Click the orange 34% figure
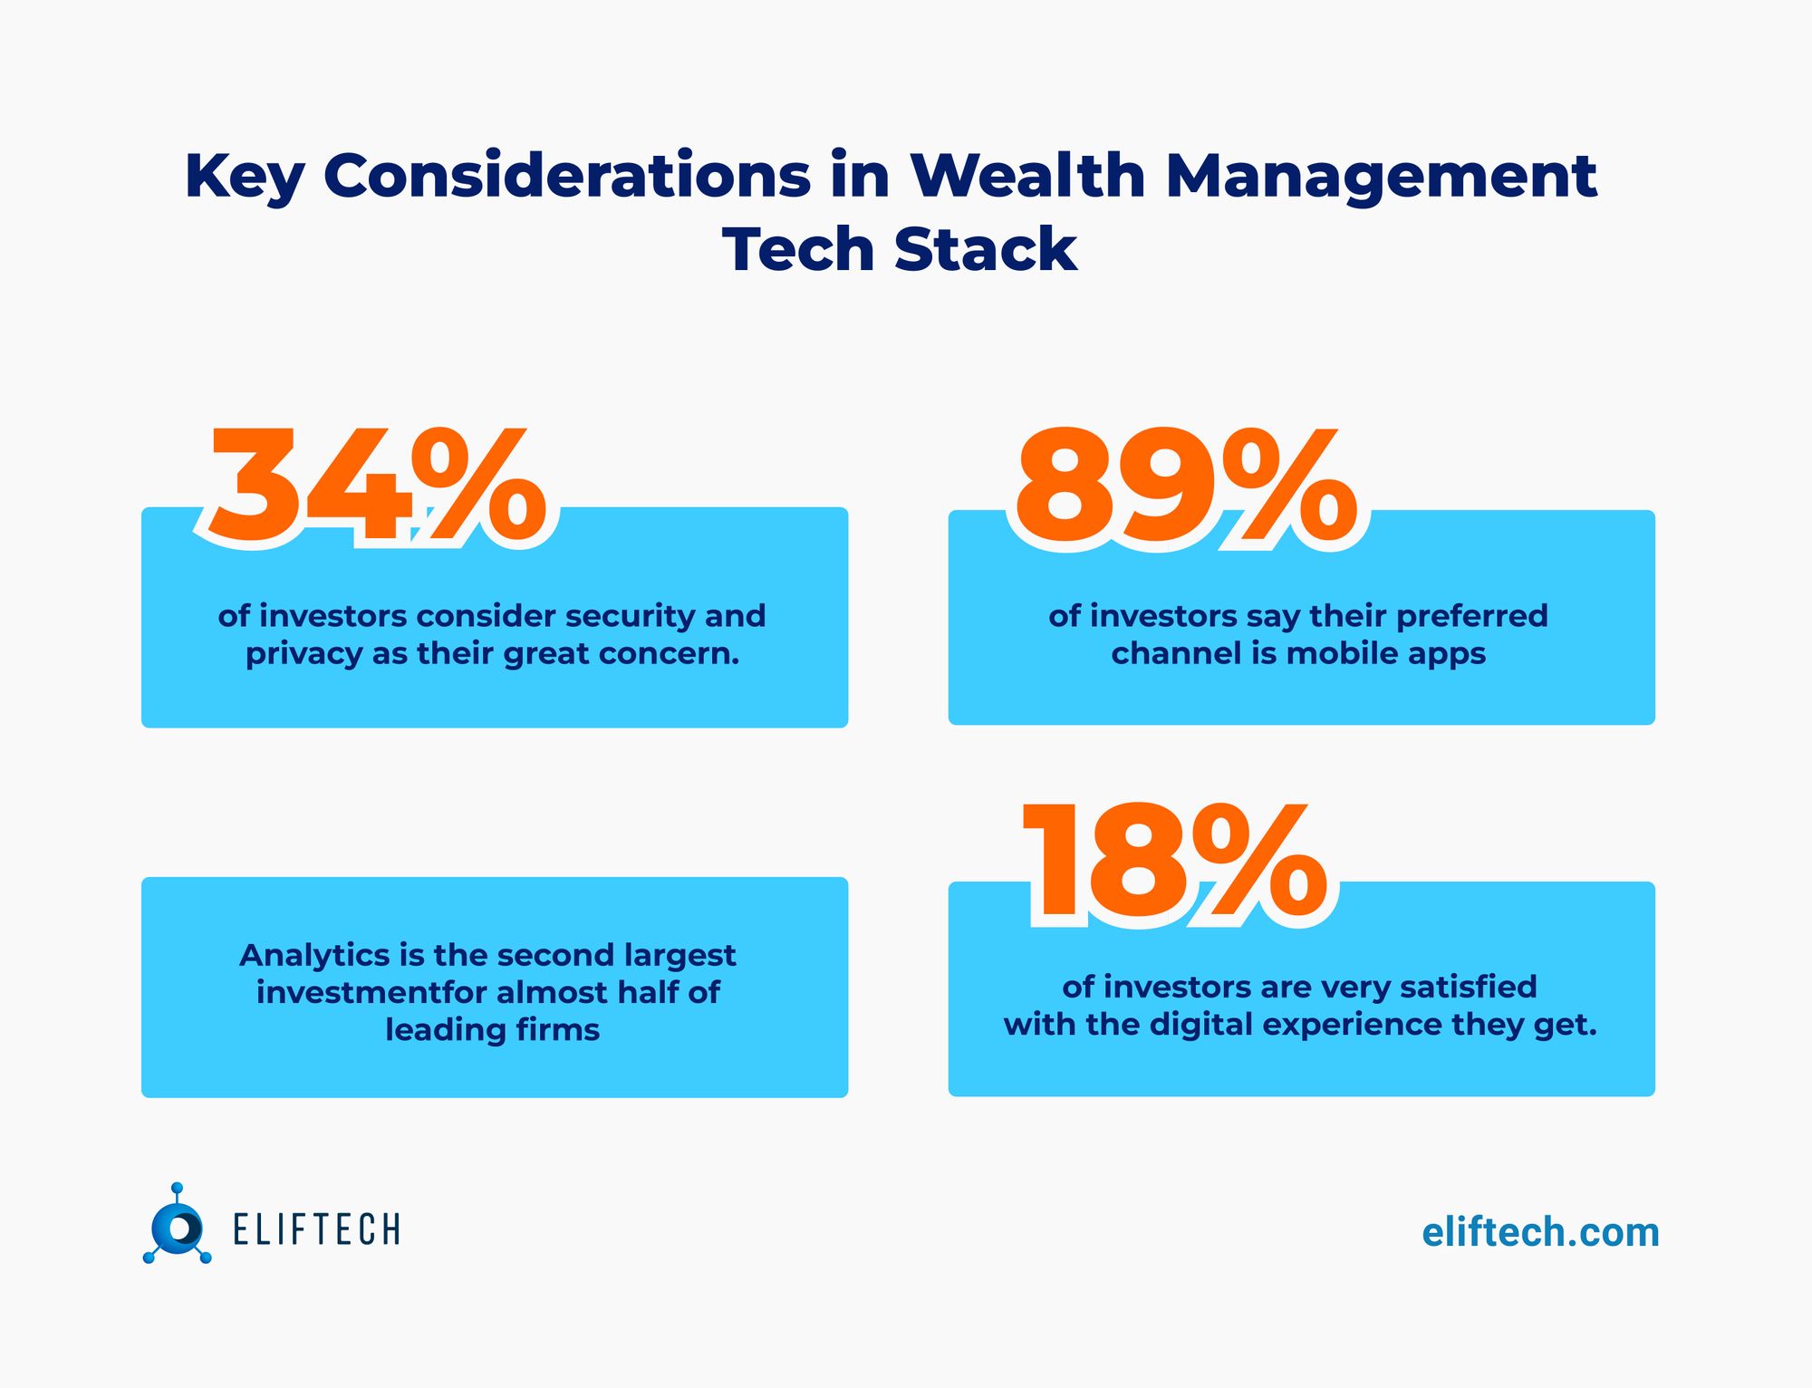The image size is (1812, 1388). click(x=376, y=486)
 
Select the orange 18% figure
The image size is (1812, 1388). click(x=1174, y=863)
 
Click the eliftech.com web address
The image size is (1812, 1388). click(x=1540, y=1233)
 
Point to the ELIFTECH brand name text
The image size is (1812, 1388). click(x=316, y=1230)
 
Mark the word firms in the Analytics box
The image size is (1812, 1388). click(x=558, y=1030)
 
